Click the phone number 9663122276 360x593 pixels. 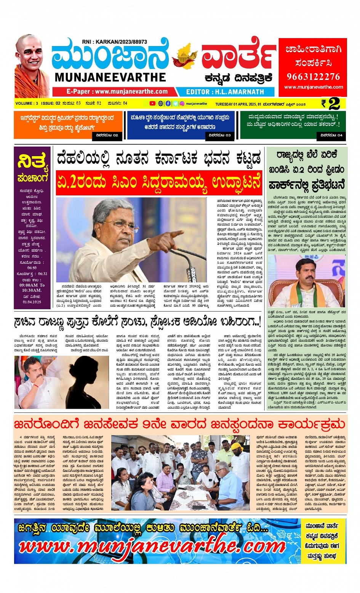pyautogui.click(x=313, y=77)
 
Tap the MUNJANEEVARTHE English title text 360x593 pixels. pyautogui.click(x=110, y=77)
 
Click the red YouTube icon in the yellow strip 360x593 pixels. pyautogui.click(x=152, y=103)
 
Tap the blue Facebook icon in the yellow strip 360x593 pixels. pyautogui.click(x=168, y=103)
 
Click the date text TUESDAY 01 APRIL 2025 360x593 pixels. pyautogui.click(x=236, y=104)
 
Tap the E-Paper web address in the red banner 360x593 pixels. pyautogui.click(x=117, y=92)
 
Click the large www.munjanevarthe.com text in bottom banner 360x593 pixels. pyautogui.click(x=152, y=546)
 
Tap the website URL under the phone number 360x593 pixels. pyautogui.click(x=313, y=87)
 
